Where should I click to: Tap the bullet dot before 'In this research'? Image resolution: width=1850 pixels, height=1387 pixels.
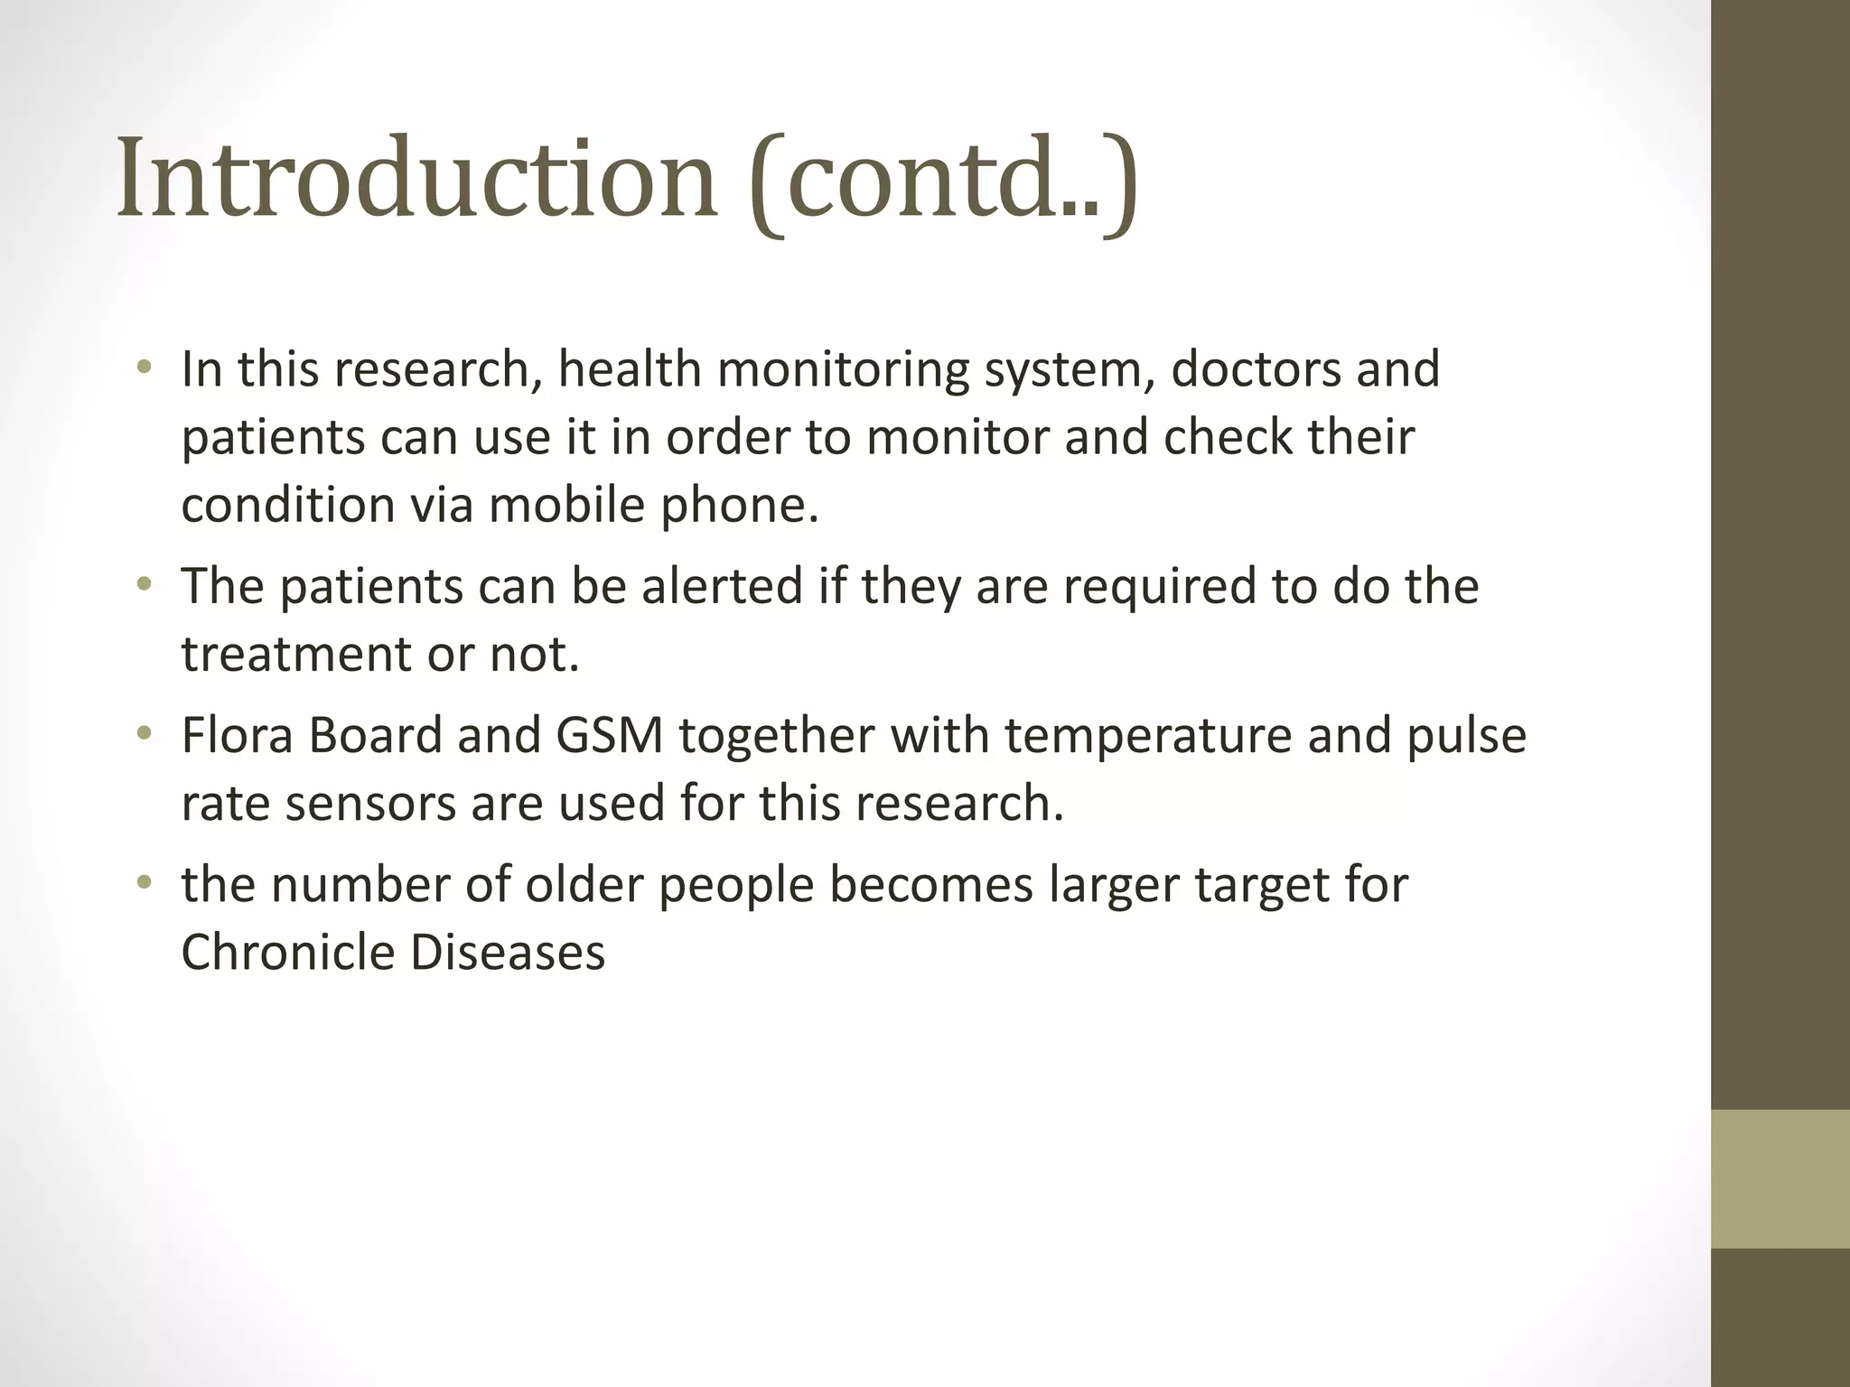click(144, 368)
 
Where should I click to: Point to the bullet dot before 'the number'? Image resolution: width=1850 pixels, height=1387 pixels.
click(144, 883)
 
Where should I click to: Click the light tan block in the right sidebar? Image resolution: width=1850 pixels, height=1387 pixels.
click(1780, 1178)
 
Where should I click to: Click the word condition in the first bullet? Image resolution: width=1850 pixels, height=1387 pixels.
click(288, 504)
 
